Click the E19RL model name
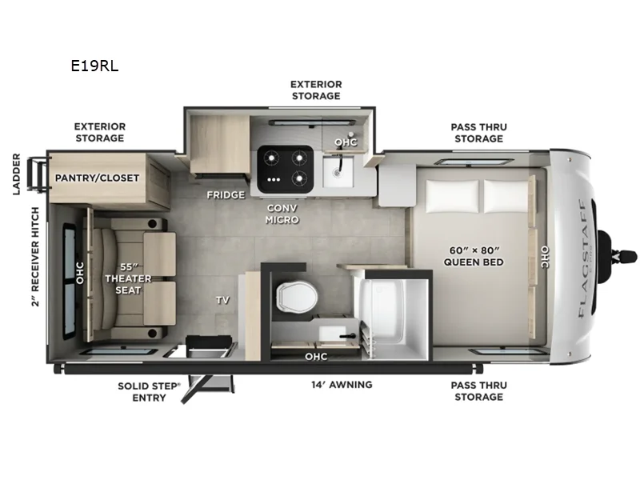94,66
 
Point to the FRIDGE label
226,194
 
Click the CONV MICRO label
283,214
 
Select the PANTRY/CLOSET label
97,178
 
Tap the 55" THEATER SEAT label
128,277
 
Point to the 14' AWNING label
342,385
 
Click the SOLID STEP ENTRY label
150,391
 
